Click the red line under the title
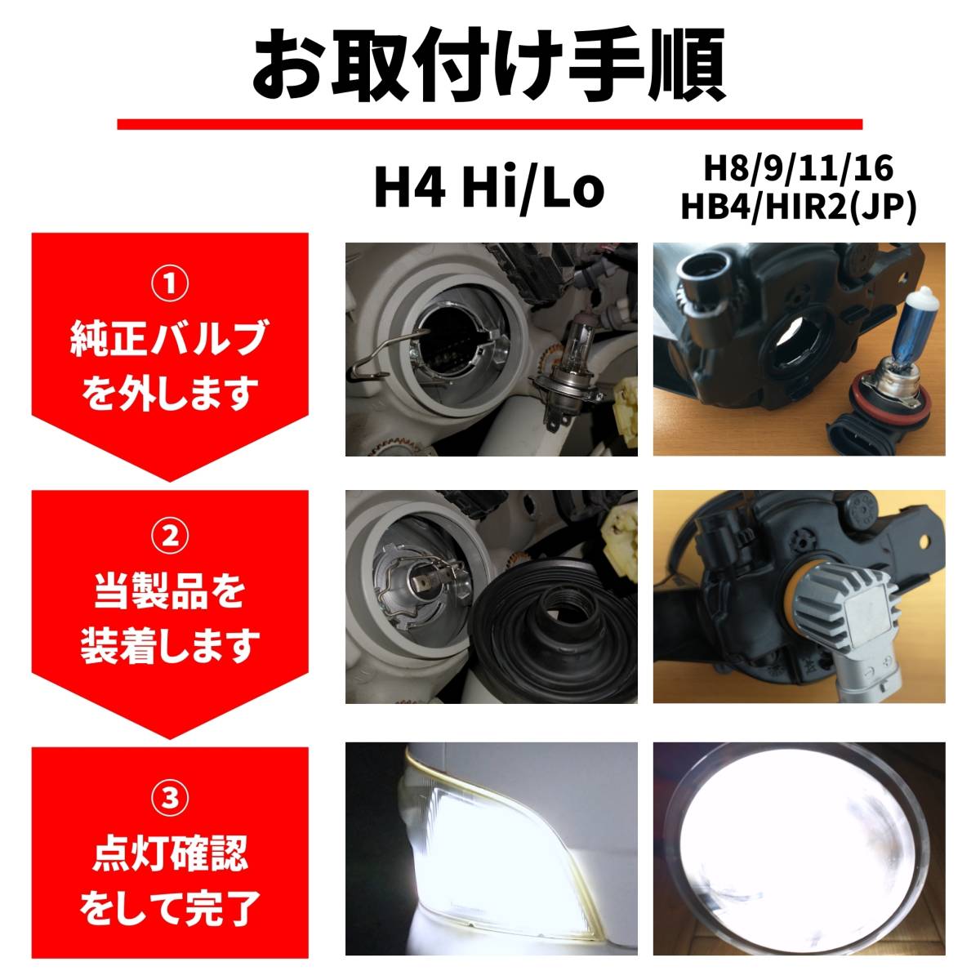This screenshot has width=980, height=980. [489, 124]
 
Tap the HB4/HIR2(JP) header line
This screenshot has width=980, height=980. [799, 207]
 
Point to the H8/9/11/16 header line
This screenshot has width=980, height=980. [799, 169]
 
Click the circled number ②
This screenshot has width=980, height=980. [170, 537]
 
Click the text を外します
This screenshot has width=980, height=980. [170, 394]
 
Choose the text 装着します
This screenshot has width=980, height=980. [170, 647]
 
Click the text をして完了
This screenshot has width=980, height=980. [170, 908]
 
